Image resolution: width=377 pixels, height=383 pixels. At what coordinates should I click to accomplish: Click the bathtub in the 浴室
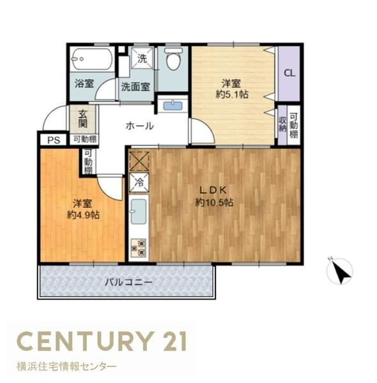click(x=91, y=61)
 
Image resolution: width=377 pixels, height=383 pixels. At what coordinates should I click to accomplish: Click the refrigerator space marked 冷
click(x=139, y=183)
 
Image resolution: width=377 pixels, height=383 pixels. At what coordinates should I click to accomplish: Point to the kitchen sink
click(x=139, y=212)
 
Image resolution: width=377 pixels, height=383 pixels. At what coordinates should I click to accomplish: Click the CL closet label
click(x=289, y=73)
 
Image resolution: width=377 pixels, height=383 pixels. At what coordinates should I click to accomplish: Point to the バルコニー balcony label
click(x=128, y=282)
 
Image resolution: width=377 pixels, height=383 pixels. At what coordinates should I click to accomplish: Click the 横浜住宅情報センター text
click(x=66, y=367)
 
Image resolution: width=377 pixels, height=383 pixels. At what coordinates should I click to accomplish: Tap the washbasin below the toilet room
click(x=173, y=105)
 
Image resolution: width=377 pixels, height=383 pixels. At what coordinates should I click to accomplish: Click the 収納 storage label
click(x=282, y=124)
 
